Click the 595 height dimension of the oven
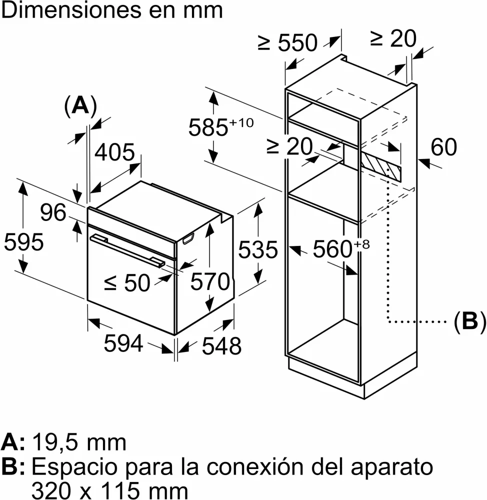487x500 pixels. pyautogui.click(x=23, y=241)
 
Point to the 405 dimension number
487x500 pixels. pyautogui.click(x=115, y=152)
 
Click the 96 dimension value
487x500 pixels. pyautogui.click(x=53, y=212)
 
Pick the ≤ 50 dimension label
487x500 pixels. pyautogui.click(x=127, y=282)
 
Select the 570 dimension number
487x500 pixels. pyautogui.click(x=210, y=281)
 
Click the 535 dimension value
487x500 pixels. pyautogui.click(x=258, y=249)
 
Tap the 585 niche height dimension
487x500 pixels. pyautogui.click(x=220, y=126)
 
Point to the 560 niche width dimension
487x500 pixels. pyautogui.click(x=341, y=248)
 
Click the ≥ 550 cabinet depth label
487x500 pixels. pyautogui.click(x=287, y=42)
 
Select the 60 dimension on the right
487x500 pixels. pyautogui.click(x=443, y=147)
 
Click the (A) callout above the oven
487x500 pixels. pyautogui.click(x=80, y=106)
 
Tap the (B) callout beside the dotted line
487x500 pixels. pyautogui.click(x=470, y=321)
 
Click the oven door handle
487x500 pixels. pyautogui.click(x=127, y=250)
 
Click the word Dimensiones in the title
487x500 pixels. pyautogui.click(x=71, y=10)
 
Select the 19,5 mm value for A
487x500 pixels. pyautogui.click(x=79, y=442)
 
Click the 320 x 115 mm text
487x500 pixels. pyautogui.click(x=109, y=490)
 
